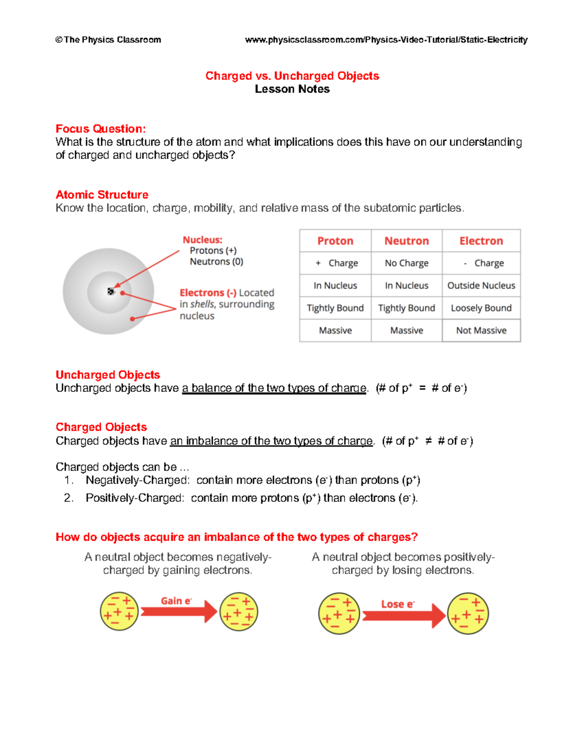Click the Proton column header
click(335, 241)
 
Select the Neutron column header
click(406, 241)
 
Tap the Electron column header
click(481, 241)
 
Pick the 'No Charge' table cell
click(406, 263)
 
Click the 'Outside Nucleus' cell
click(481, 286)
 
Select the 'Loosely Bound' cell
click(481, 308)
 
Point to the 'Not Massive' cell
click(481, 331)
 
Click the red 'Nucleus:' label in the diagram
click(202, 240)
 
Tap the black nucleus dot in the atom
click(111, 291)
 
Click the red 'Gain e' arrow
click(178, 611)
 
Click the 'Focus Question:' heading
click(100, 129)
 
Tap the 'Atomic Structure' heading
click(102, 195)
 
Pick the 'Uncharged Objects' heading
click(108, 375)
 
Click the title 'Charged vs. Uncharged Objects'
click(292, 76)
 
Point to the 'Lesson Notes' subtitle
click(292, 89)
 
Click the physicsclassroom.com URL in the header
click(386, 40)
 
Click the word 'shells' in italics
click(202, 304)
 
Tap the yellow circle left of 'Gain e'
click(119, 611)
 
